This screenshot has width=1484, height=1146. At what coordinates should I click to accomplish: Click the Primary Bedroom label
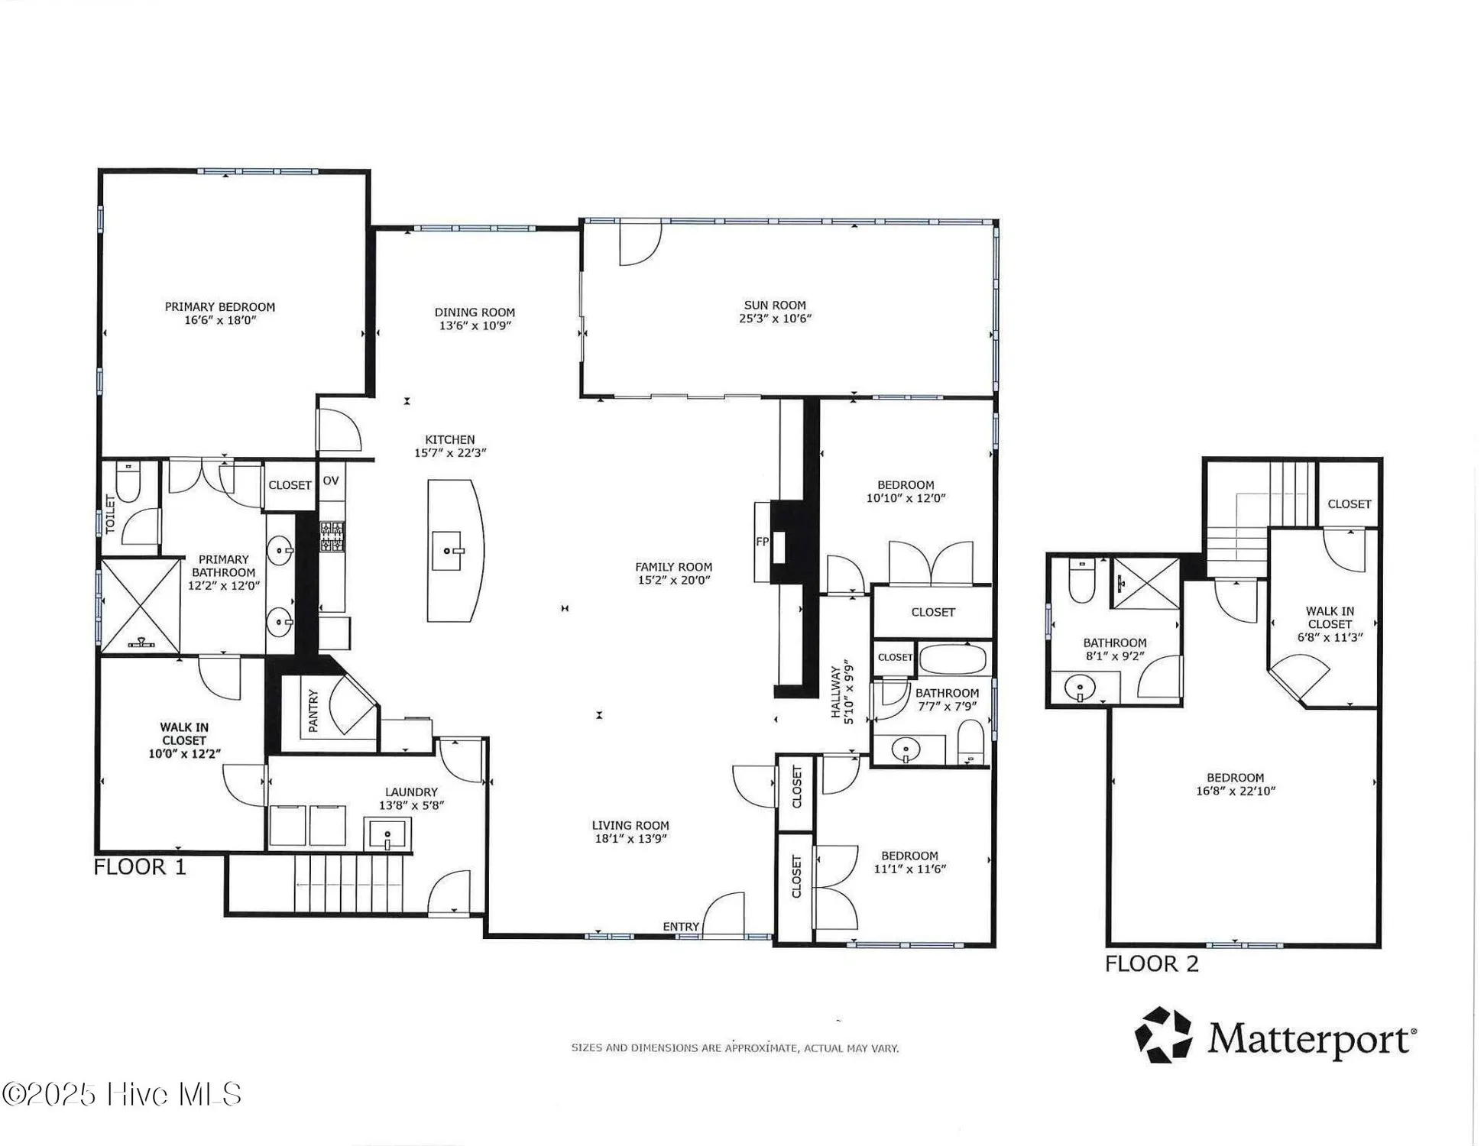point(220,307)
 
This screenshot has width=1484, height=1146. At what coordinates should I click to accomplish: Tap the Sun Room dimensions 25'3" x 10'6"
point(775,319)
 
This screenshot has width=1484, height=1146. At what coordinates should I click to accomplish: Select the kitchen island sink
point(447,551)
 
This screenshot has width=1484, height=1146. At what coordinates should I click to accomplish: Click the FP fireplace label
point(762,542)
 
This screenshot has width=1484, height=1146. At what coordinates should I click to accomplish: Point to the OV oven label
point(330,481)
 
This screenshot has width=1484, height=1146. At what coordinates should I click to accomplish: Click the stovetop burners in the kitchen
point(332,536)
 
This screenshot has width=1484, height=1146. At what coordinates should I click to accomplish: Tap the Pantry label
point(313,711)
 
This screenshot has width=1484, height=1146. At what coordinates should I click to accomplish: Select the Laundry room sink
point(388,834)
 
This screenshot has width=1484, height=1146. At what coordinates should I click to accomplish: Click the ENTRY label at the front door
point(681,927)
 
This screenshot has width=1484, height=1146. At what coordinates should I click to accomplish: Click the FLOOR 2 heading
point(1152,964)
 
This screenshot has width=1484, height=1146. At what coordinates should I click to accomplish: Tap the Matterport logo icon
point(1163,1035)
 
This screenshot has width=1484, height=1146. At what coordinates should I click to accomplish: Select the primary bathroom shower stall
point(140,606)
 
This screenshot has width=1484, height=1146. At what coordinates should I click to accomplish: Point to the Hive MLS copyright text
point(122,1094)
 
